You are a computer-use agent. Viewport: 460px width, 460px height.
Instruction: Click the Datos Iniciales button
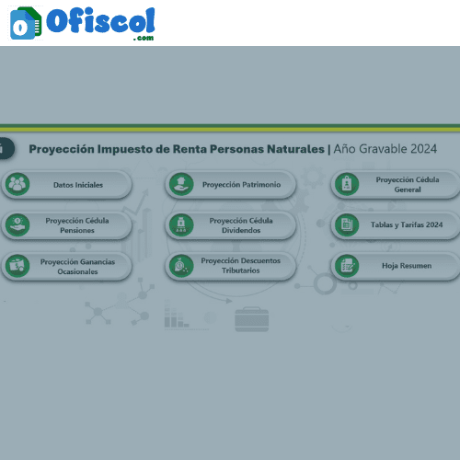(67, 185)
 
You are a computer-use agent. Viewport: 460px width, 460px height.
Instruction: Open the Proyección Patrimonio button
(231, 185)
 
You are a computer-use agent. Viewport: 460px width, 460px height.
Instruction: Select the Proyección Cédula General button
(396, 185)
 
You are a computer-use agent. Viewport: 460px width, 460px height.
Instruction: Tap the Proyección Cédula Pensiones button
(67, 225)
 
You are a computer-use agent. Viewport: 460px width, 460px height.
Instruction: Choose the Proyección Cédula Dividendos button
(231, 225)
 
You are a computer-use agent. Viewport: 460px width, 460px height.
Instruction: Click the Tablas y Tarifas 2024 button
(396, 225)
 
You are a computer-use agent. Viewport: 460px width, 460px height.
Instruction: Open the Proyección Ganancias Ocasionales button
(67, 266)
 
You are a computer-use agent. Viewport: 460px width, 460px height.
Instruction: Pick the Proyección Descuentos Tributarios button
(231, 266)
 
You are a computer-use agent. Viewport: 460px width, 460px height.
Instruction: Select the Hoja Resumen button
(396, 266)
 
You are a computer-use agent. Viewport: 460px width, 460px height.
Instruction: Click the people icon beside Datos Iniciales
(17, 184)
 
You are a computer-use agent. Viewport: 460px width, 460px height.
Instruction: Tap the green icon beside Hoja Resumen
(347, 266)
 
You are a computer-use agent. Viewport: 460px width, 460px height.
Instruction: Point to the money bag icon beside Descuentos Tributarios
(181, 266)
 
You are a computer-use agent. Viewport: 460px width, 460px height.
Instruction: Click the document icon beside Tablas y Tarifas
(347, 225)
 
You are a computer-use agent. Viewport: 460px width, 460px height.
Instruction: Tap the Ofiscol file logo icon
(26, 23)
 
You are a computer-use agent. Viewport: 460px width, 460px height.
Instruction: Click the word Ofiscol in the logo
(100, 20)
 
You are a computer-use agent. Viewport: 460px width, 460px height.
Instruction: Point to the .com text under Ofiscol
(144, 38)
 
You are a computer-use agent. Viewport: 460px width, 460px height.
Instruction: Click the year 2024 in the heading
(423, 149)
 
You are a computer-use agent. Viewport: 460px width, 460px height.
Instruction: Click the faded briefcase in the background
(252, 319)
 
